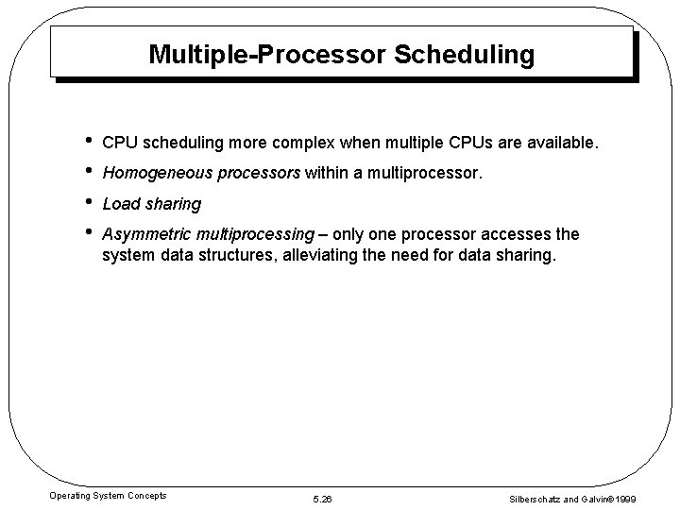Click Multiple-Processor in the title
pos(266,56)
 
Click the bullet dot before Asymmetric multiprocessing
pos(88,233)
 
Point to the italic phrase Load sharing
pos(151,204)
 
